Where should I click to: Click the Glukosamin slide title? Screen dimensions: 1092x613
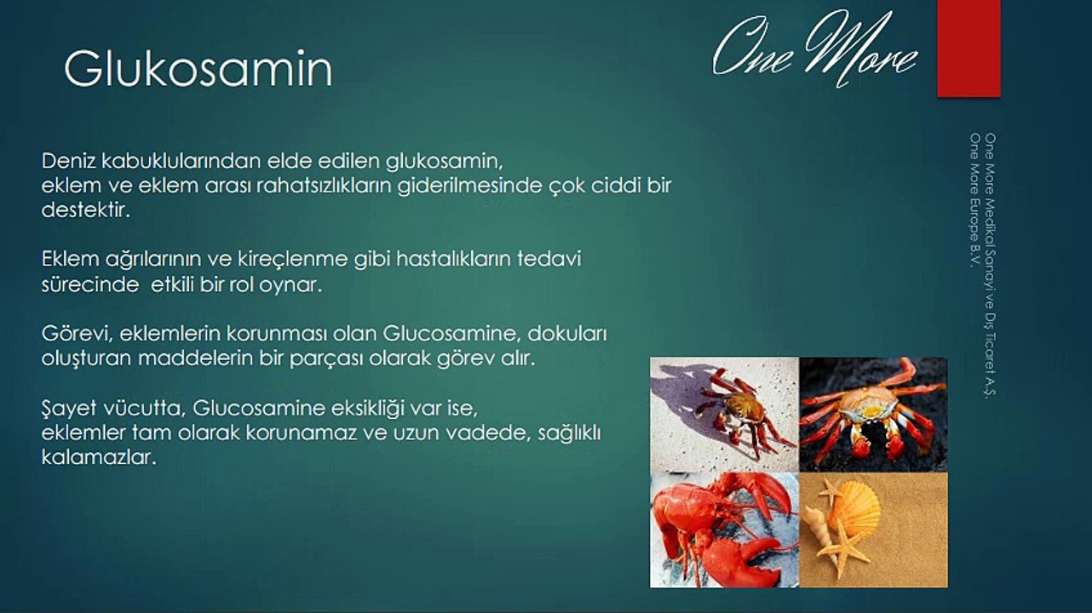coord(198,68)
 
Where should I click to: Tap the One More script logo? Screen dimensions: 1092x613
coord(814,49)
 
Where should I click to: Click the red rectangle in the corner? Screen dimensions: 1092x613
coord(969,48)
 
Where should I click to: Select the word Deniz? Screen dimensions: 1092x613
coord(69,161)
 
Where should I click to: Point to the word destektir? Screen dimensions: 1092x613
coord(86,210)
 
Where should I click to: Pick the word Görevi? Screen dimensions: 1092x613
coord(77,334)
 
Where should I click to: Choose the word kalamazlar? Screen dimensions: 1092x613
coord(99,457)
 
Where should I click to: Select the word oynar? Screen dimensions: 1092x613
coord(290,285)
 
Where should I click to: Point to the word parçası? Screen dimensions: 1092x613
coord(326,359)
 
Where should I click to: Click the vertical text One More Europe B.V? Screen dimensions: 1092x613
coord(975,200)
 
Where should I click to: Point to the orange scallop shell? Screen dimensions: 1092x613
coord(858,507)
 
